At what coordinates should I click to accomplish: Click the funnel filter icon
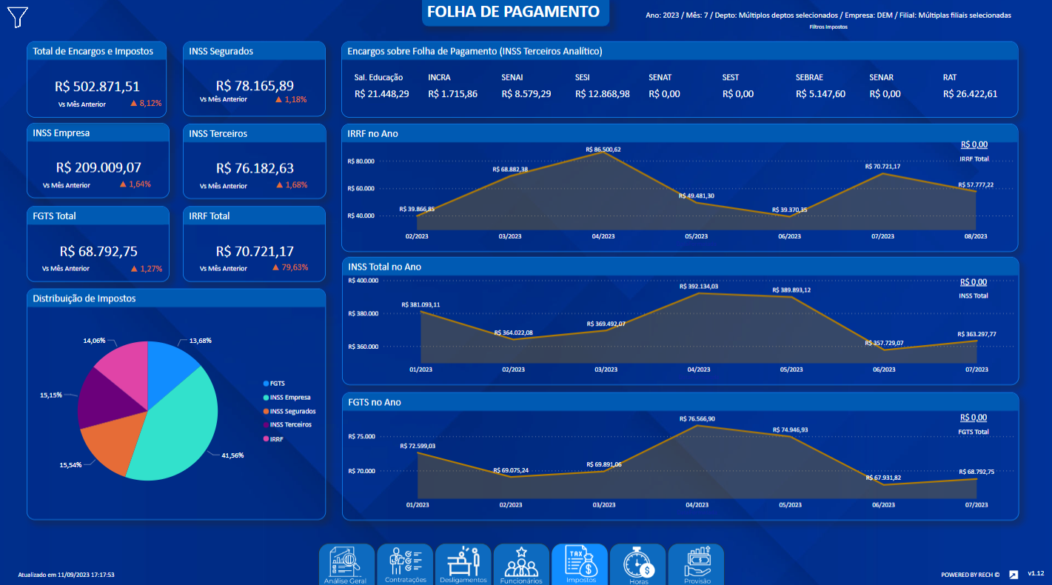(18, 16)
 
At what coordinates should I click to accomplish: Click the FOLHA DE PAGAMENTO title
(513, 12)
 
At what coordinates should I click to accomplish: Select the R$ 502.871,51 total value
(97, 86)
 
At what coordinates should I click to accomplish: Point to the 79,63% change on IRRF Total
(290, 267)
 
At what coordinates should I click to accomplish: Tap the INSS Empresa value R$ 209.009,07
(98, 167)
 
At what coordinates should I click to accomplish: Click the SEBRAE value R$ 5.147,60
(820, 94)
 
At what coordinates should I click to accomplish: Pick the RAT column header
(950, 77)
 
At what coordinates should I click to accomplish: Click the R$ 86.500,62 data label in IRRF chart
(603, 150)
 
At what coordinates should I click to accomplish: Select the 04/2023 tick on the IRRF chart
(603, 236)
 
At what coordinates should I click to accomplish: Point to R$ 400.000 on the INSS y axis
(363, 281)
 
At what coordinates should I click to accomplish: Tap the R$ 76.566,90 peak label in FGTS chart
(697, 419)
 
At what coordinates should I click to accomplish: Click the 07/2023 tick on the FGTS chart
(976, 505)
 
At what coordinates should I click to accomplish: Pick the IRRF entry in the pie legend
(278, 439)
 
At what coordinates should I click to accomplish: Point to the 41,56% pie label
(232, 455)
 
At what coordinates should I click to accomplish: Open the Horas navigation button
(637, 565)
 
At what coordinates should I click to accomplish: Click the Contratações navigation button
(406, 565)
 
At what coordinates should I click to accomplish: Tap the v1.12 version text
(1035, 573)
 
